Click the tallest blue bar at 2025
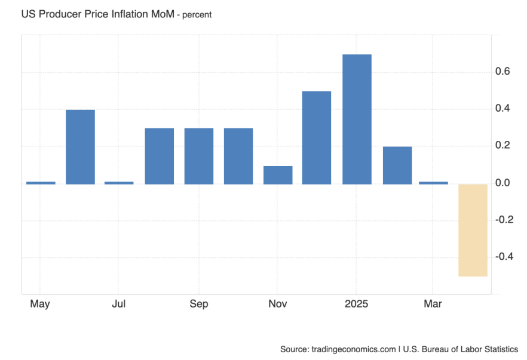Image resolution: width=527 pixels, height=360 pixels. [x=357, y=119]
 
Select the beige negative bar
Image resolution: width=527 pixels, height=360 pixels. [x=473, y=230]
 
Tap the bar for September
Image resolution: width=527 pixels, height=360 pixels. [x=199, y=156]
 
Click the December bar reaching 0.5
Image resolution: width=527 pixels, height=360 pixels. [x=317, y=137]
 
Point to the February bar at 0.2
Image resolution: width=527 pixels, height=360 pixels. [x=397, y=165]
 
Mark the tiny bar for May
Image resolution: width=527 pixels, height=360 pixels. [x=41, y=183]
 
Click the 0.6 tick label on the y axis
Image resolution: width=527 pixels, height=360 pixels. [x=503, y=72]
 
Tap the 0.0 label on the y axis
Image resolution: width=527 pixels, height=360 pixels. [x=503, y=183]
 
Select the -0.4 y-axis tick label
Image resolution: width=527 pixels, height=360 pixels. [x=504, y=257]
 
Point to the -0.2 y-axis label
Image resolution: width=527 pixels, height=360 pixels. [x=504, y=220]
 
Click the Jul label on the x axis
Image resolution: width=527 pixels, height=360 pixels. [x=119, y=304]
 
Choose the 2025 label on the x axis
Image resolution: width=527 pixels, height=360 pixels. [x=356, y=304]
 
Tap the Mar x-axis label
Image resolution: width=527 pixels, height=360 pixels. [x=433, y=304]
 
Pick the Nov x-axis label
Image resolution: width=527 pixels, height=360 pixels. [x=278, y=304]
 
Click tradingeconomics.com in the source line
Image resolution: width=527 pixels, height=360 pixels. [x=353, y=349]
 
